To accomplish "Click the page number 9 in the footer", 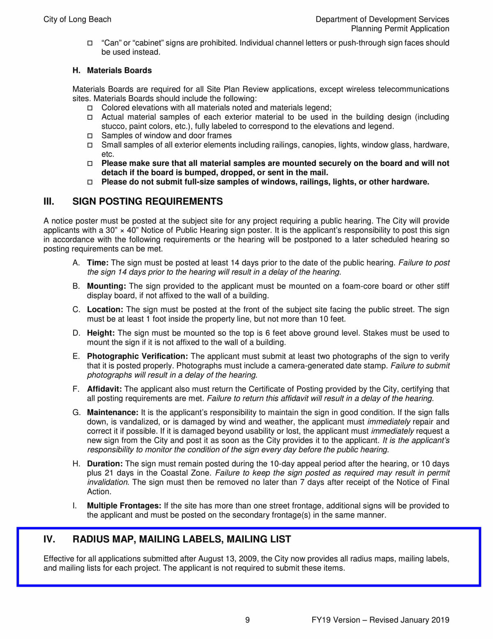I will click(x=247, y=620).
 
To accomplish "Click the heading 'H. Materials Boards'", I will click(x=112, y=70).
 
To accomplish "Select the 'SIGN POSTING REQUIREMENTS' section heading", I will click(x=147, y=201).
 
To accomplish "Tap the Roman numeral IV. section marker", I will click(x=49, y=539).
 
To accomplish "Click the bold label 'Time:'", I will click(x=98, y=263).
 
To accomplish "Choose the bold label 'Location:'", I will click(x=105, y=309).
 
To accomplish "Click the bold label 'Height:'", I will click(x=101, y=333).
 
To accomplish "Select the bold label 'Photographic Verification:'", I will click(x=137, y=356).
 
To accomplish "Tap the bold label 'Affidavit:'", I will click(x=104, y=389).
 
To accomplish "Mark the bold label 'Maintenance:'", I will click(x=113, y=412).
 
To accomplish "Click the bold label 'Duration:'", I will click(x=105, y=464).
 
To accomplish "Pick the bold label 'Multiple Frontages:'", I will click(x=124, y=506).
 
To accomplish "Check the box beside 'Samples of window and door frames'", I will click(x=90, y=136).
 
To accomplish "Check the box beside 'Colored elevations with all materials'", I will click(x=90, y=108).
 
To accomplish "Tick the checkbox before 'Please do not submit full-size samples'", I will click(x=90, y=182).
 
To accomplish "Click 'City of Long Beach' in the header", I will click(x=77, y=19).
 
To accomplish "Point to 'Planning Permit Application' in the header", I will click(x=400, y=29).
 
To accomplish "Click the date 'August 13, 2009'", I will click(x=227, y=559).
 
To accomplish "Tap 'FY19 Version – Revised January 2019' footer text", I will click(x=380, y=620).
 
